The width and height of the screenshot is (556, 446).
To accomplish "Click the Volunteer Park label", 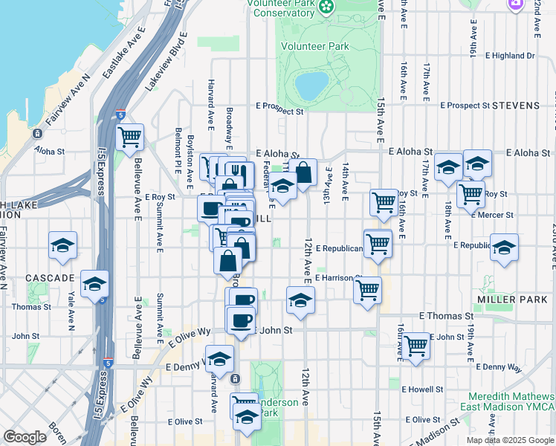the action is pos(315,46).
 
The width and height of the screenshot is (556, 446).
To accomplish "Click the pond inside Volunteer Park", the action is pos(311,84).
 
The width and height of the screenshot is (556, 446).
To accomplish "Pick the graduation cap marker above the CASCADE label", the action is pos(63,245).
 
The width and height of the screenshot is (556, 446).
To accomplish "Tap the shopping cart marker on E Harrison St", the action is pos(367,290).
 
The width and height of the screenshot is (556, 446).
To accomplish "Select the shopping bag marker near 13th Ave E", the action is pos(303,172).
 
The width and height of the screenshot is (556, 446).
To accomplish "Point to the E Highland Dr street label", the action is pos(510,56).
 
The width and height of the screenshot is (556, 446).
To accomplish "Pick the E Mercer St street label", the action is pos(491,215).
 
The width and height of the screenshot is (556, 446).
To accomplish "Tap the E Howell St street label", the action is pos(421,389).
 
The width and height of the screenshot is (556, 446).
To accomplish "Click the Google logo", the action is pos(25,437).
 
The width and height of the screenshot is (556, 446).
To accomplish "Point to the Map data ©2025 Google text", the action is pos(509,440).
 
